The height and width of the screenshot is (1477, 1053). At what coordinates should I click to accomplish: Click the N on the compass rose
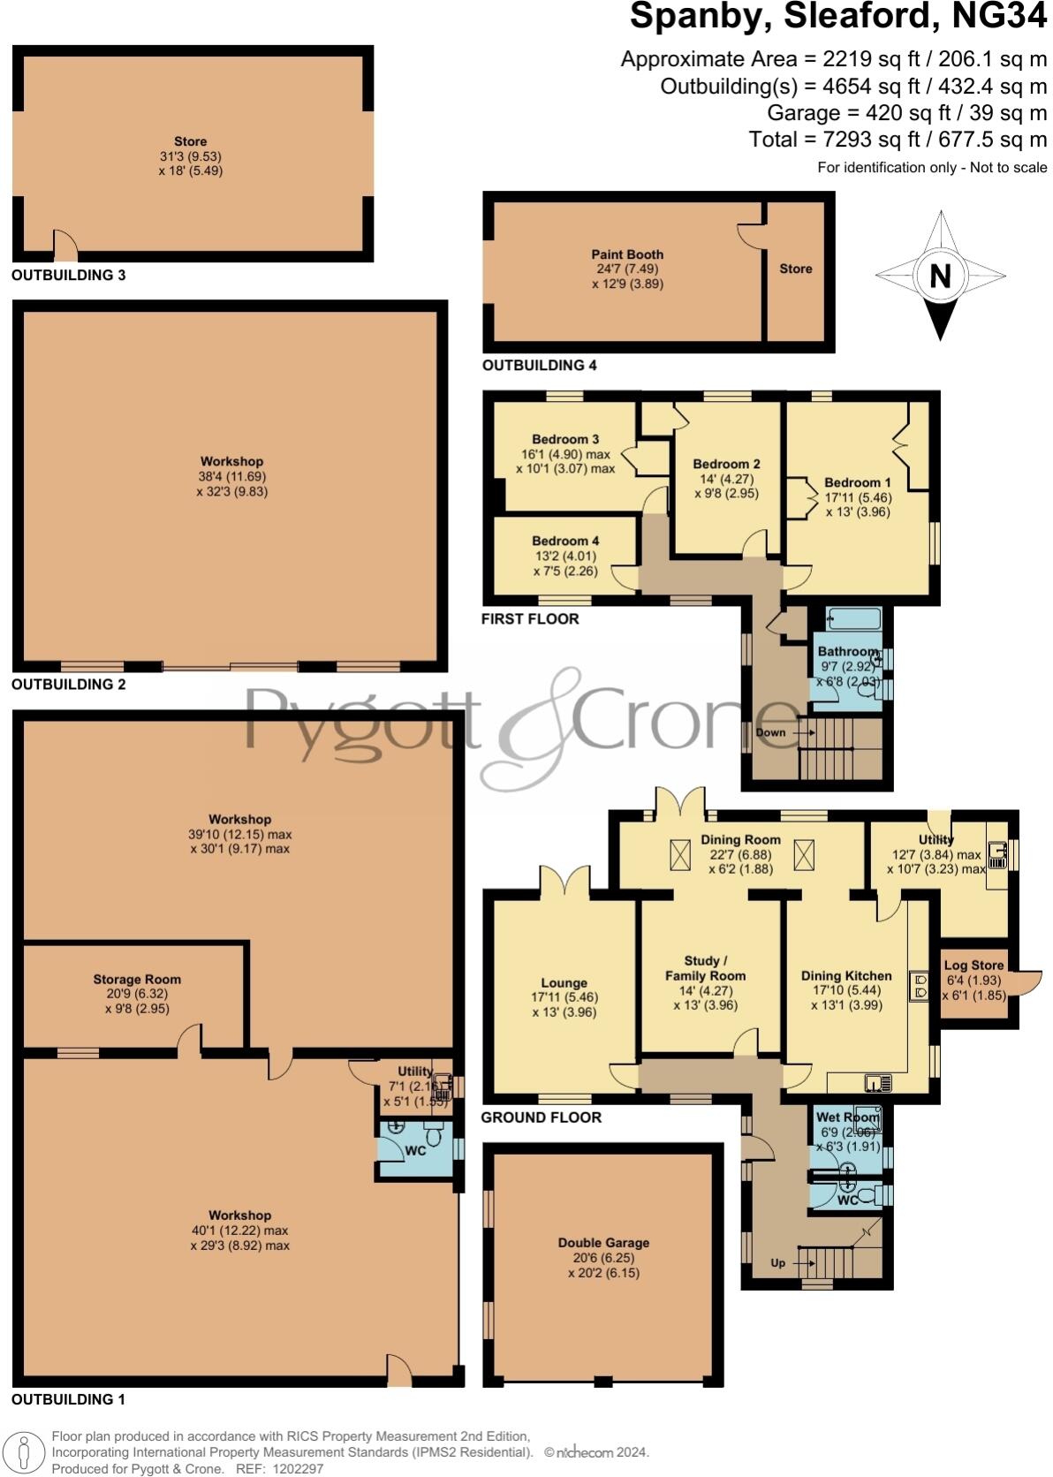click(x=940, y=276)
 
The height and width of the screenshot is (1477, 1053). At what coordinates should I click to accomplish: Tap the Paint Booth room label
click(x=627, y=254)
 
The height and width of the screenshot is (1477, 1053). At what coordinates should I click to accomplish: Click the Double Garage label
click(x=603, y=1243)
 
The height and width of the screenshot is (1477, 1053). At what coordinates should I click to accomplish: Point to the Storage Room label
click(x=137, y=979)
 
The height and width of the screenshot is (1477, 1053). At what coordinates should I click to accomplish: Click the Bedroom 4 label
click(x=565, y=541)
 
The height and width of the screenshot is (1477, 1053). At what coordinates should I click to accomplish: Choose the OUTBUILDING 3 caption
click(x=68, y=275)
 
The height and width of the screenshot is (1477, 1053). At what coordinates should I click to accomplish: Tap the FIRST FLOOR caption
click(x=530, y=618)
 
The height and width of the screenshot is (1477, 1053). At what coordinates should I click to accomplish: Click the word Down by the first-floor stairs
click(x=770, y=732)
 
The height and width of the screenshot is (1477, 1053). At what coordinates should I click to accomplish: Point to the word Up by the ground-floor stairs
click(x=777, y=1262)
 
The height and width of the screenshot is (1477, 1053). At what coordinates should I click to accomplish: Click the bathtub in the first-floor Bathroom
click(x=853, y=618)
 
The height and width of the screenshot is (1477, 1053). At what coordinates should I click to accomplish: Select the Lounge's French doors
click(x=564, y=880)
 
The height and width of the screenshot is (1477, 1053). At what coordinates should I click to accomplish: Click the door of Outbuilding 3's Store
click(x=65, y=246)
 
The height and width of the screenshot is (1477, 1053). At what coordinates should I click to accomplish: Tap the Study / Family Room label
click(x=705, y=968)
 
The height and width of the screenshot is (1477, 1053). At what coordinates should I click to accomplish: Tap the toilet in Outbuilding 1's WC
click(x=434, y=1134)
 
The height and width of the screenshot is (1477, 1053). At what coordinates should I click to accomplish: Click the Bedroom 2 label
click(x=726, y=464)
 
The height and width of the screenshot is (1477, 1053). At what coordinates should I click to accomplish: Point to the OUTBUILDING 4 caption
click(x=539, y=365)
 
